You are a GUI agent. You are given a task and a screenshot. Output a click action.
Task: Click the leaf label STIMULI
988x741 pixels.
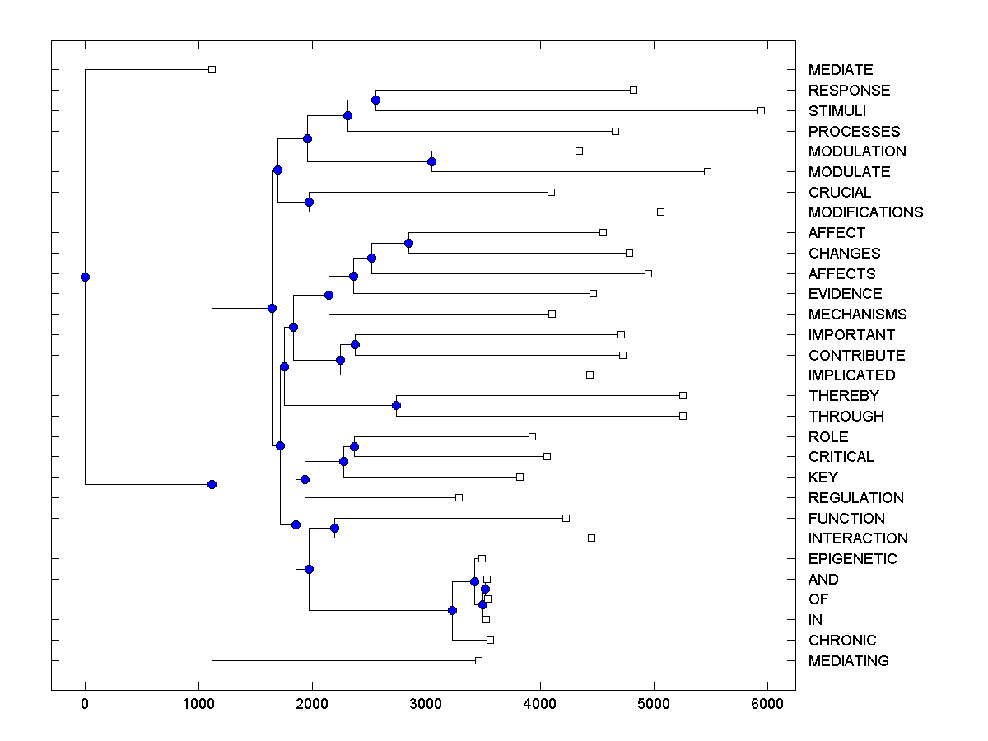click(x=837, y=110)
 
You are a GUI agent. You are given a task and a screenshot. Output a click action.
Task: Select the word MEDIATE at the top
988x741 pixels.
click(x=841, y=70)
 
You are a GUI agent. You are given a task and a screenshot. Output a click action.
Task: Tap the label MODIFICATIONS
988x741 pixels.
click(x=865, y=212)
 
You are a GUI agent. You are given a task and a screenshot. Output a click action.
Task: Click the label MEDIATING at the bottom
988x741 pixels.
click(x=848, y=661)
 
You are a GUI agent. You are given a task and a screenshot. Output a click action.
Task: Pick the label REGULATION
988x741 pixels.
click(x=855, y=498)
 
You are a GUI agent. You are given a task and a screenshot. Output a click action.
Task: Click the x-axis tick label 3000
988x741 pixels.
click(x=426, y=704)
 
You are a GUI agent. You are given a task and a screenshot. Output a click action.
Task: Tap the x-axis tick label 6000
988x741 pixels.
click(x=767, y=704)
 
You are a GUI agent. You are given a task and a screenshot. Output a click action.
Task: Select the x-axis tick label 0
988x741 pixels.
click(x=85, y=704)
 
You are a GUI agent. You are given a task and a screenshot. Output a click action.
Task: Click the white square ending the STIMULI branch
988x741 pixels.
click(x=761, y=110)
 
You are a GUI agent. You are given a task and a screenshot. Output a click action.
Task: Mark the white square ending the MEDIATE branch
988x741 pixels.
click(x=212, y=69)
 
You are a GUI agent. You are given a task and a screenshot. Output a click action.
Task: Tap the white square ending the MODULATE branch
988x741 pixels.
click(x=707, y=171)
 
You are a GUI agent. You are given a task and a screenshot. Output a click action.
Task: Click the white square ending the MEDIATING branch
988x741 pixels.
click(x=478, y=660)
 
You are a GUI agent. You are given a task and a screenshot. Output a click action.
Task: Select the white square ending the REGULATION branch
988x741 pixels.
click(x=459, y=497)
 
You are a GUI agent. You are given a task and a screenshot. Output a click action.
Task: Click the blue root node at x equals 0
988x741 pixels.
click(x=85, y=277)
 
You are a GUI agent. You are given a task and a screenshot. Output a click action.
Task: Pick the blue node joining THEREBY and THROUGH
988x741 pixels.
click(x=396, y=405)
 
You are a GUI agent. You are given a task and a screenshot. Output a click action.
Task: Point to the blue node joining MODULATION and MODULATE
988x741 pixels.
click(x=431, y=161)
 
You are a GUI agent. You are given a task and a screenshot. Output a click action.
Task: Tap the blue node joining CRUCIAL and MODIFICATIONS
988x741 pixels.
click(x=310, y=202)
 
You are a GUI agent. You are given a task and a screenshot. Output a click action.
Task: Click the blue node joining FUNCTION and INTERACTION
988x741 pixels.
click(x=334, y=528)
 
